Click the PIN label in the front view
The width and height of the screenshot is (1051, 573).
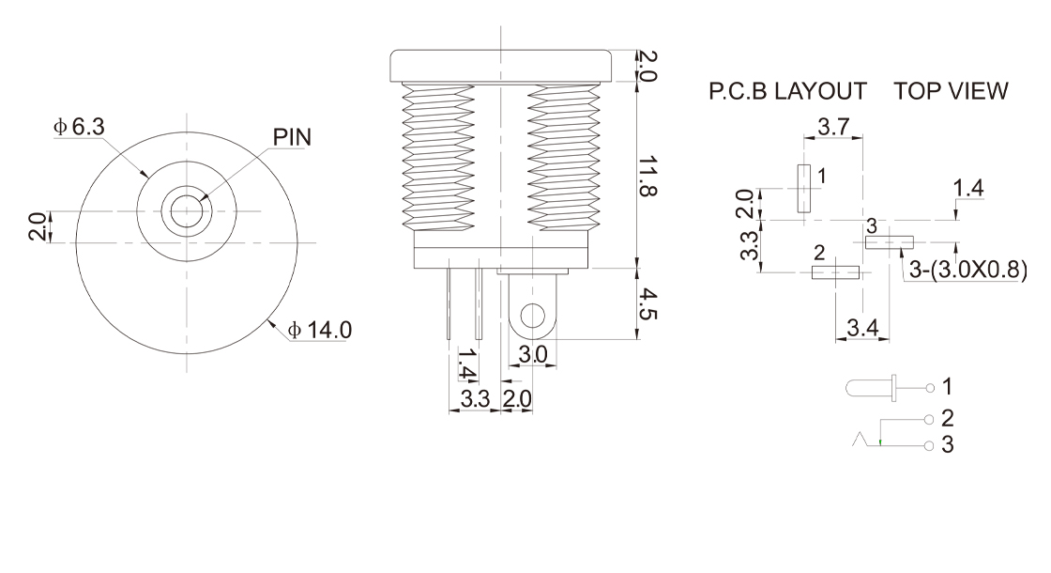pyautogui.click(x=292, y=137)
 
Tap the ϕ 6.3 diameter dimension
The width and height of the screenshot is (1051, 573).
pyautogui.click(x=79, y=126)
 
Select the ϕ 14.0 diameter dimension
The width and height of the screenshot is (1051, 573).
pyautogui.click(x=320, y=330)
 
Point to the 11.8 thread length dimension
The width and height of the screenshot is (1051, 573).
pyautogui.click(x=647, y=176)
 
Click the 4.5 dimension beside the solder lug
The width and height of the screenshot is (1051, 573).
pyautogui.click(x=647, y=303)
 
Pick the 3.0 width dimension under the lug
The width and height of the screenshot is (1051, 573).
pyautogui.click(x=533, y=354)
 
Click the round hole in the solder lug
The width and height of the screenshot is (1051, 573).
pyautogui.click(x=533, y=316)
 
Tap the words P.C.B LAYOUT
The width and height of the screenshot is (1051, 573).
pyautogui.click(x=787, y=90)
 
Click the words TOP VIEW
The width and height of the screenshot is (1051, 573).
pyautogui.click(x=951, y=90)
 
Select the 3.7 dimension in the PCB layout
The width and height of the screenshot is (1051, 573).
pyautogui.click(x=833, y=126)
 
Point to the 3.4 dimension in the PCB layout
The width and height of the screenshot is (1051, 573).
pyautogui.click(x=862, y=328)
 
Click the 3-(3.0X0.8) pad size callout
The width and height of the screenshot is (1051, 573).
pyautogui.click(x=967, y=270)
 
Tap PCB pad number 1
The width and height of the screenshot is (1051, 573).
pyautogui.click(x=803, y=189)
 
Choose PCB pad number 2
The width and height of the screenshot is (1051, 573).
pyautogui.click(x=835, y=272)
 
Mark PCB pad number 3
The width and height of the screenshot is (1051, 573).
pyautogui.click(x=890, y=242)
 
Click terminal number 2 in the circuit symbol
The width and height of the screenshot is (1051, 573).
pyautogui.click(x=947, y=418)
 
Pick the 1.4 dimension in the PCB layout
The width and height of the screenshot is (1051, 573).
pyautogui.click(x=968, y=188)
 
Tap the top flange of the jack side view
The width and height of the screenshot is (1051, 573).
pyautogui.click(x=501, y=66)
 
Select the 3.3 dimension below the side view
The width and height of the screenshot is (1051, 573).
pyautogui.click(x=475, y=399)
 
